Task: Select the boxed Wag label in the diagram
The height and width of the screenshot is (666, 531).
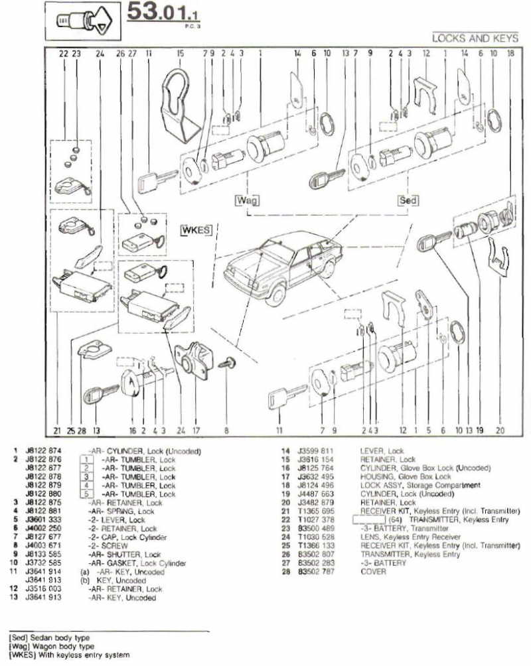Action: [x=246, y=199]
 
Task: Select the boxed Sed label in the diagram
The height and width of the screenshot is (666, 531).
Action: [x=407, y=199]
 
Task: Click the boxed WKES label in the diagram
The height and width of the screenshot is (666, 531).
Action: [x=195, y=230]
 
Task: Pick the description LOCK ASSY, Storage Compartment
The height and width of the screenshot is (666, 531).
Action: [x=424, y=486]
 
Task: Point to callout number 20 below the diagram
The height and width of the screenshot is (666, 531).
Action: [x=500, y=431]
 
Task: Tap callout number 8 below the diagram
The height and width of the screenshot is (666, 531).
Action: [x=226, y=431]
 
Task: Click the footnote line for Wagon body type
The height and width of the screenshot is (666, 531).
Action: [x=50, y=646]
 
